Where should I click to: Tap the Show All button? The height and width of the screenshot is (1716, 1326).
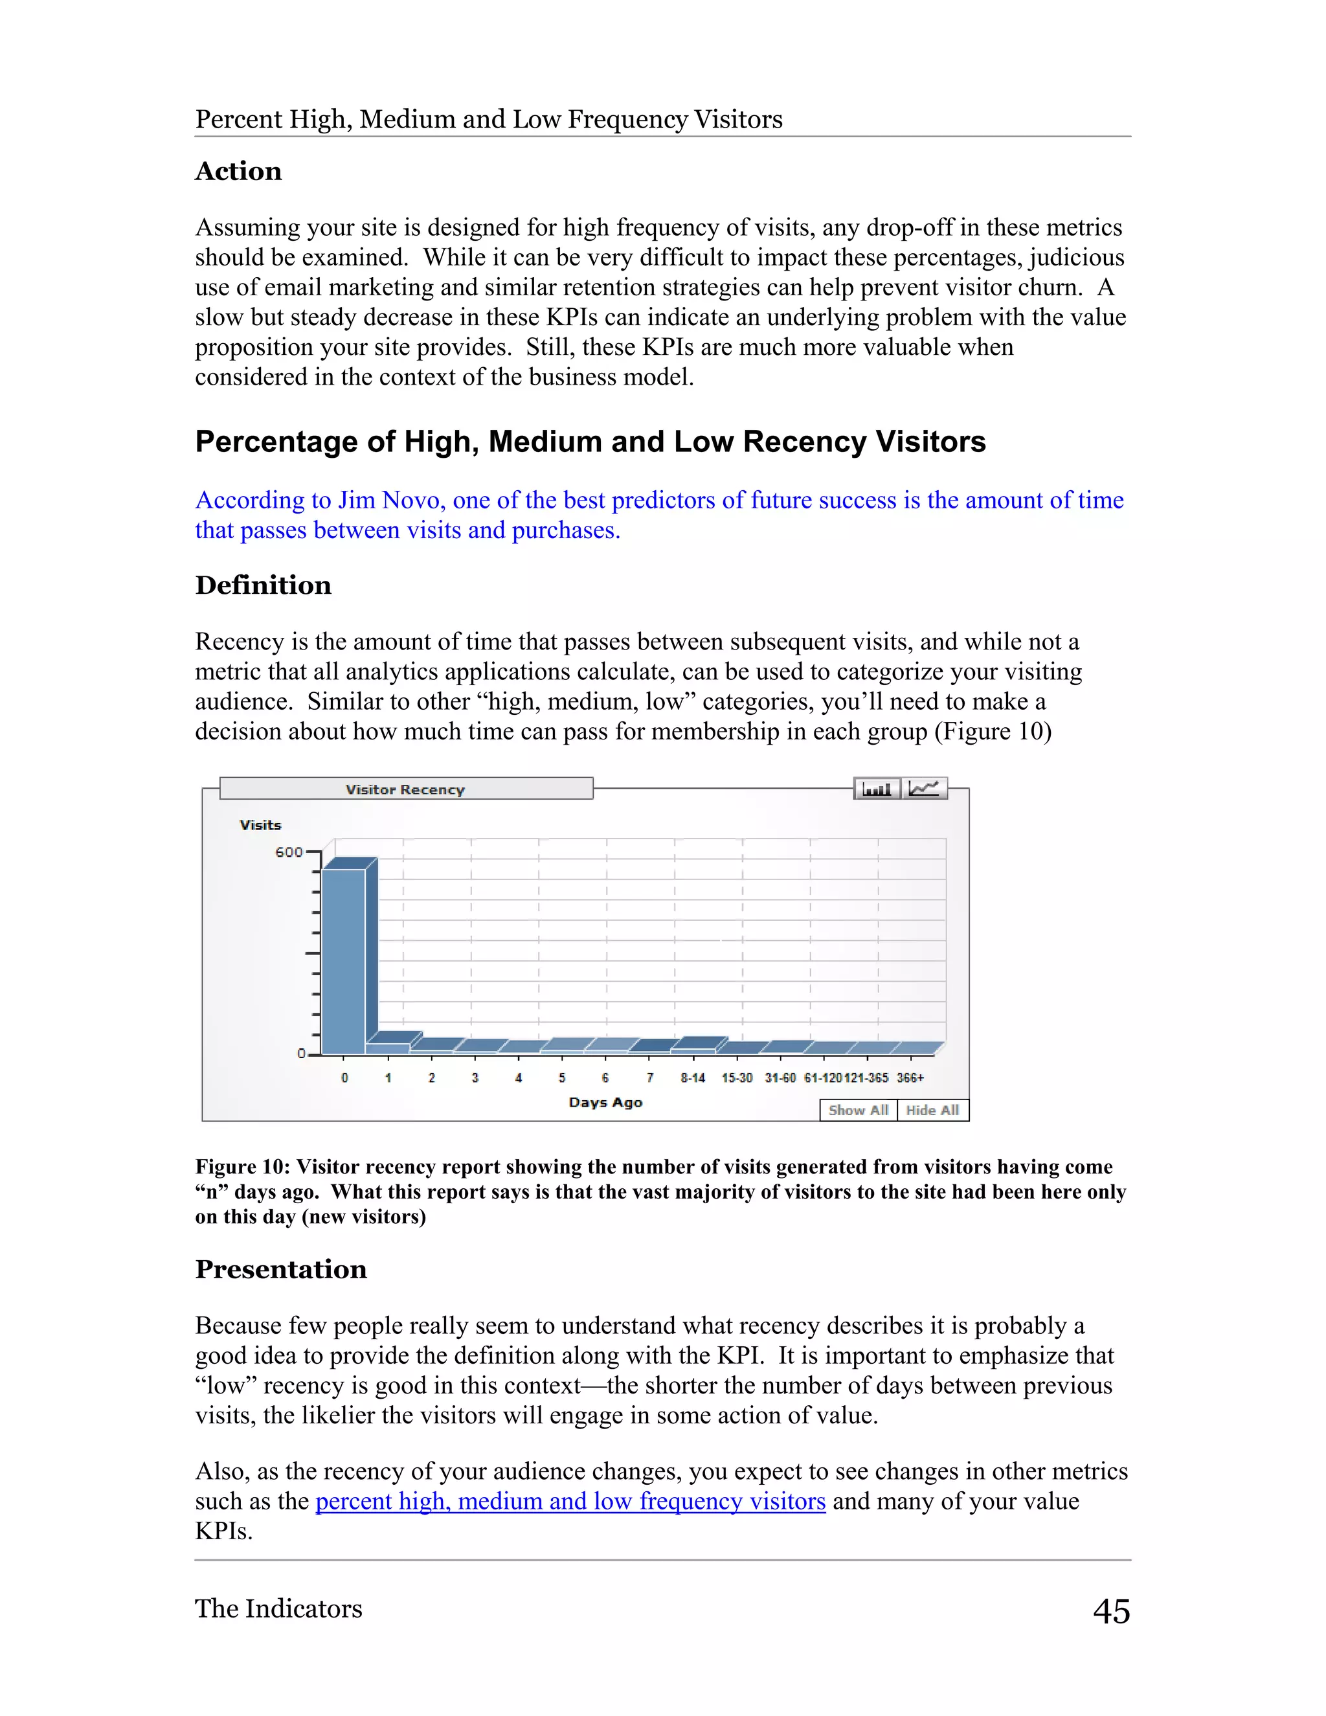tap(858, 1110)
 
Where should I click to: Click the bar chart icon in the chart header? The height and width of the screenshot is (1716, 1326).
tap(877, 788)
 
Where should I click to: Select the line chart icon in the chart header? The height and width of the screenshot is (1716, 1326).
tap(924, 788)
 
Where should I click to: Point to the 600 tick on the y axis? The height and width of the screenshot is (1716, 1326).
tap(288, 852)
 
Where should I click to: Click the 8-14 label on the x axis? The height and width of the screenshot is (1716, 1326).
tap(692, 1078)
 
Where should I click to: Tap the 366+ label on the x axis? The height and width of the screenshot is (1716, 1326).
tap(910, 1078)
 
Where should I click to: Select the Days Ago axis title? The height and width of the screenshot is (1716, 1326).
tap(605, 1102)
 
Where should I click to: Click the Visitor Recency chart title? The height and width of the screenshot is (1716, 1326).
tap(405, 789)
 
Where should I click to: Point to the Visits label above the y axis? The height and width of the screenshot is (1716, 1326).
tap(260, 825)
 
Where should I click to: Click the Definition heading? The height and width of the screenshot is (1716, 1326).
tap(263, 585)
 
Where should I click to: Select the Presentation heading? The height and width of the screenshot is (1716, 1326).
tap(280, 1270)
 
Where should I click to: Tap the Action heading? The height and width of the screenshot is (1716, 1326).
tap(238, 172)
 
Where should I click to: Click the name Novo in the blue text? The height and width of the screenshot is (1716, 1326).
tap(412, 501)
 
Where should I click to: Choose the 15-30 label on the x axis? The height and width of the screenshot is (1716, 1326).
tap(737, 1078)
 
